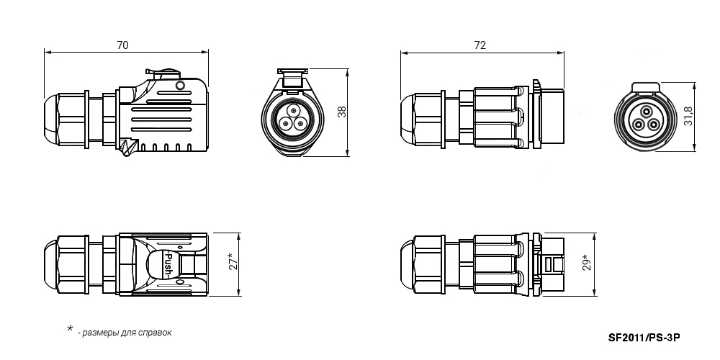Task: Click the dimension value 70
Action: (x=122, y=45)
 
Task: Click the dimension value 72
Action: (x=480, y=45)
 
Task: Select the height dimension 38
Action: (x=342, y=112)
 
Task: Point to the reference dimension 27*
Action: (x=233, y=261)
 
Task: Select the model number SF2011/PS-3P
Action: (x=644, y=338)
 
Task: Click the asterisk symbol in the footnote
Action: (x=70, y=328)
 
